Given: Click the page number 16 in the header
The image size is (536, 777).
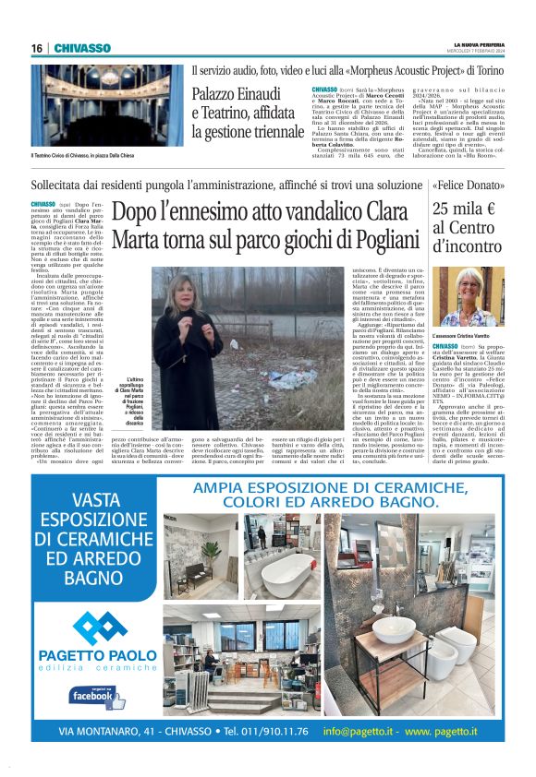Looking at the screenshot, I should (x=38, y=48).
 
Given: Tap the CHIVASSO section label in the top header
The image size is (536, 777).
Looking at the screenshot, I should (x=81, y=48).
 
